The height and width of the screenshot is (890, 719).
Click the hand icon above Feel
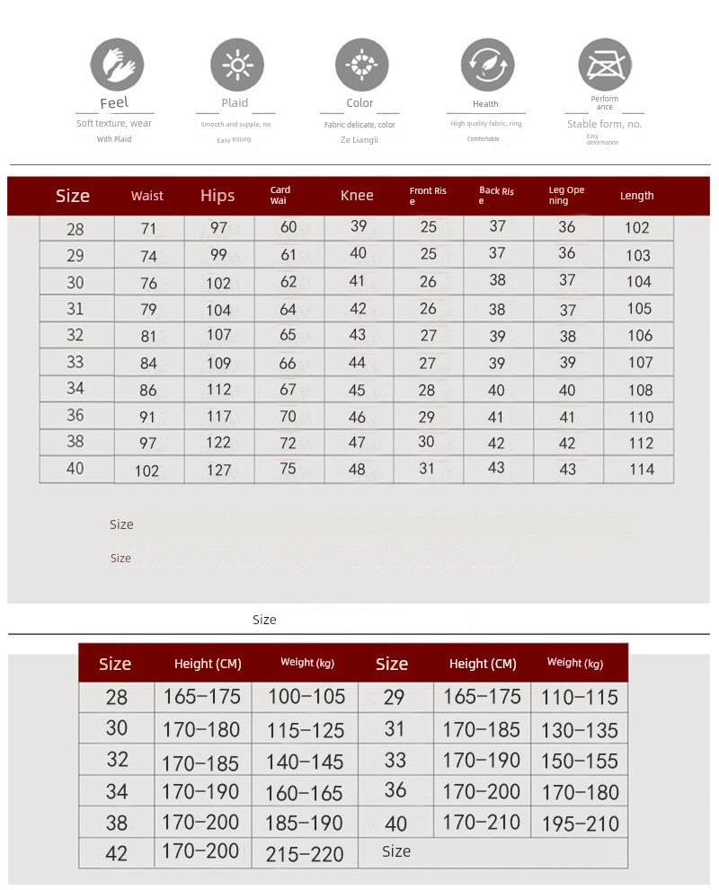[117, 65]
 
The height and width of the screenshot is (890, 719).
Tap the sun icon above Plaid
[237, 65]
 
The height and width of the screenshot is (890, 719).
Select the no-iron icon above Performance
[604, 65]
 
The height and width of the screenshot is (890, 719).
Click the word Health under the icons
[485, 104]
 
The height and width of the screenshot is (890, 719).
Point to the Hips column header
[217, 196]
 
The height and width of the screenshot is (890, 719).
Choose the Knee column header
[357, 196]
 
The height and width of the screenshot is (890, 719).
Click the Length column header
[637, 196]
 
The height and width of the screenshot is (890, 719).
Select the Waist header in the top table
[147, 196]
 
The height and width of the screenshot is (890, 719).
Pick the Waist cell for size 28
[148, 229]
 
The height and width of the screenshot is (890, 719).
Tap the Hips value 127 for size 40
[219, 470]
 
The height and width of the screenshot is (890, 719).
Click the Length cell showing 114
[641, 469]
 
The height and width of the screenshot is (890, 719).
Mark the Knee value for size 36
[358, 417]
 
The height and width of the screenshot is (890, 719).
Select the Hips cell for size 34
[219, 390]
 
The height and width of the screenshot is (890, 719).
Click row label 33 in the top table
[75, 362]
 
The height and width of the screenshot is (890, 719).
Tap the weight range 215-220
[305, 854]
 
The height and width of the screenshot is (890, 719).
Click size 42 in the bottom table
[117, 853]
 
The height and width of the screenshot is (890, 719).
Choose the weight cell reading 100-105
[306, 697]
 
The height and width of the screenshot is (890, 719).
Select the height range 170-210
[482, 822]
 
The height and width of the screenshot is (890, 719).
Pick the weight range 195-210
[580, 823]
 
